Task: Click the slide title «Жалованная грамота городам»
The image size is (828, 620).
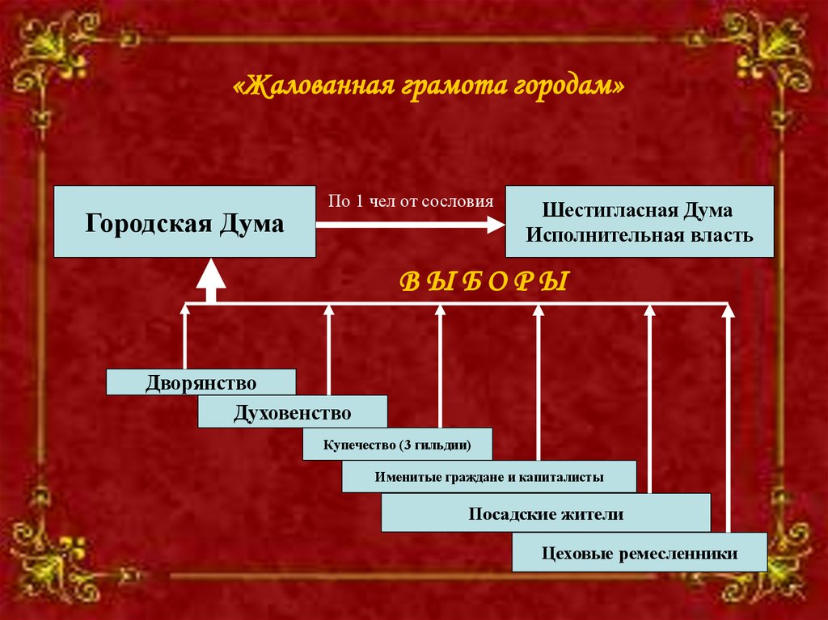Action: tap(429, 86)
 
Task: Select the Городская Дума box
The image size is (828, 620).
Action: tap(184, 221)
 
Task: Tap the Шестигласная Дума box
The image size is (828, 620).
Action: tap(639, 221)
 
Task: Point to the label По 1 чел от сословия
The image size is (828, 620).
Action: tap(410, 201)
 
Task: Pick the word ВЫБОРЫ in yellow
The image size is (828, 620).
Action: tap(485, 282)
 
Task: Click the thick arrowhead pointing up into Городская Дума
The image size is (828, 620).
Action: tap(211, 275)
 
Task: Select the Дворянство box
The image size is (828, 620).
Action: tap(201, 382)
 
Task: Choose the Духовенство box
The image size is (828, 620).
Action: tap(292, 413)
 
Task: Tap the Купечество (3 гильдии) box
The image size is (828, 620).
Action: tap(397, 445)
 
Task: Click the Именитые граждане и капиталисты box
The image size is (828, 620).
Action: tap(488, 476)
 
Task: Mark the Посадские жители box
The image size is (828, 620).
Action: tap(546, 513)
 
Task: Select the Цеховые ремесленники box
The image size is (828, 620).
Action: tap(639, 554)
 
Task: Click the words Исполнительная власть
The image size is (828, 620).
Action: tap(639, 235)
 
